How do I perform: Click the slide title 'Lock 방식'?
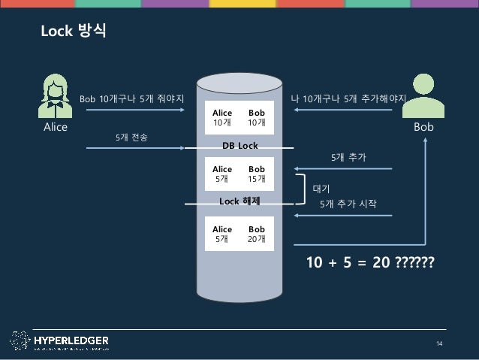point(73,32)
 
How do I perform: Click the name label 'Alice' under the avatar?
point(55,128)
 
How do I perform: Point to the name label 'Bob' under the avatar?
point(424,128)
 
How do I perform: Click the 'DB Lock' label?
point(239,144)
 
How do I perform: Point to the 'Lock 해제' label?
point(239,202)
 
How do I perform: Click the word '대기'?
point(321,190)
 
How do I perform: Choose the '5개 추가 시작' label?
point(348,204)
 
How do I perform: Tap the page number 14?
point(441,343)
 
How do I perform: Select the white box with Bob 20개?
point(239,234)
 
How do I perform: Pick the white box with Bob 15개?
point(239,174)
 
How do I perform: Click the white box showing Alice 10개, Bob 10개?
point(239,117)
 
